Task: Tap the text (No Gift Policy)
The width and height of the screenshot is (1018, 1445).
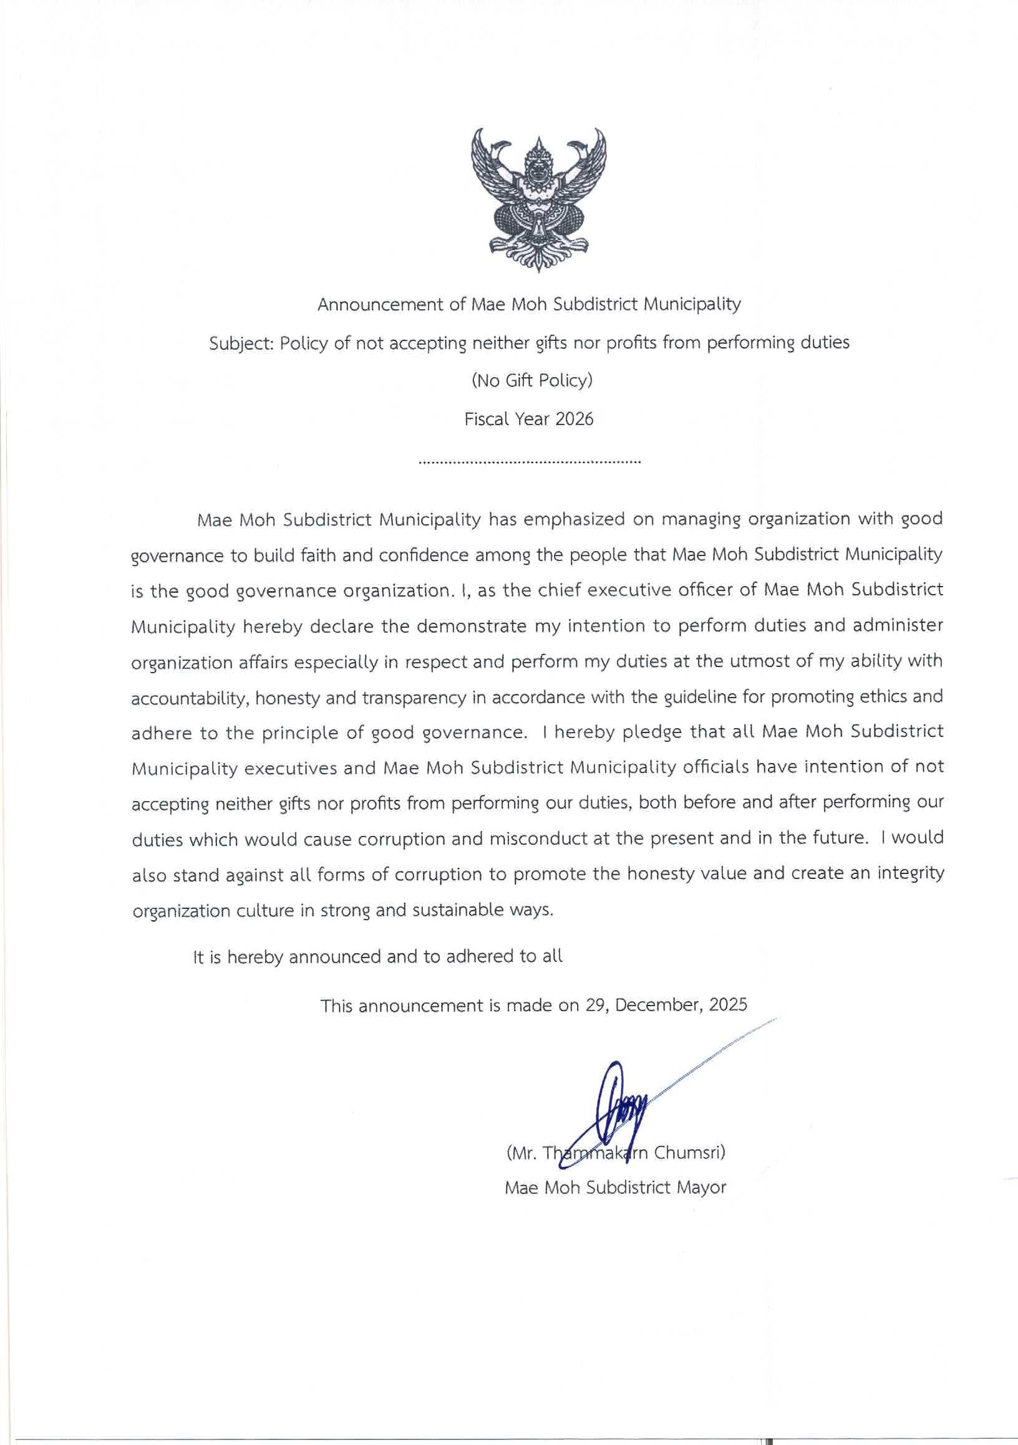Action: [x=532, y=382]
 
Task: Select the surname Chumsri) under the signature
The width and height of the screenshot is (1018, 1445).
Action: [x=691, y=1154]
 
